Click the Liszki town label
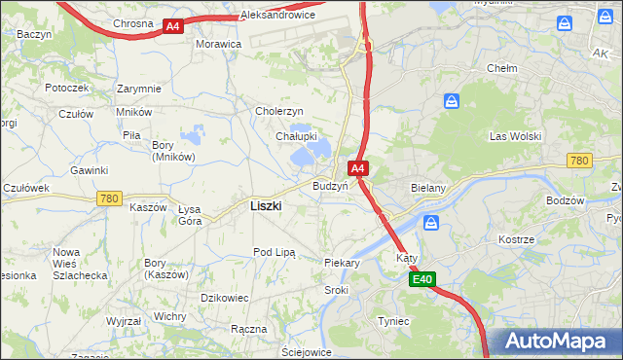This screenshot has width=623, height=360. tap(266, 205)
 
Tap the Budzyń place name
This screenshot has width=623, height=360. tap(330, 186)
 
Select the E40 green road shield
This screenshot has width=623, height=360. tap(421, 280)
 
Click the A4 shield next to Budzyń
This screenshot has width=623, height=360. tap(358, 168)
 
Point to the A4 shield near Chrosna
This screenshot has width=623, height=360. tap(172, 26)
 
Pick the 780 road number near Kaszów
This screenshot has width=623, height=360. tap(109, 198)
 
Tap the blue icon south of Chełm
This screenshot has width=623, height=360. tap(452, 101)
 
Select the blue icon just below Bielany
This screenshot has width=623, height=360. tap(431, 224)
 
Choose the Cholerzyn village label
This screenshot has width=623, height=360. tap(279, 111)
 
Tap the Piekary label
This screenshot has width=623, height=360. tap(342, 263)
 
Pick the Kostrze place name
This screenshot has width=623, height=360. tap(516, 238)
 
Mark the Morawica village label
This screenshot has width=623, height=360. tap(218, 45)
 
